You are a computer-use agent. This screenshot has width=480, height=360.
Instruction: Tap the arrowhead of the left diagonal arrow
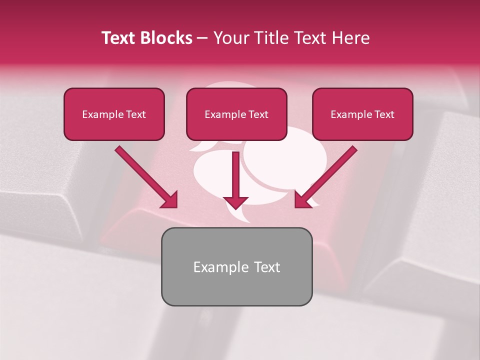(x=170, y=200)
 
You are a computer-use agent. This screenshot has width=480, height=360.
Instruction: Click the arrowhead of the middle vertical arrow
(x=236, y=202)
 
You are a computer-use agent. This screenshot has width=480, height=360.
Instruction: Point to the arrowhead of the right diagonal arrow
(x=302, y=200)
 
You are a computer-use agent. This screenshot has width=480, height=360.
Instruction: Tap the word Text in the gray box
(x=267, y=267)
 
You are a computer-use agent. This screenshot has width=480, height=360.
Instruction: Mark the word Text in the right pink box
(x=384, y=114)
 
